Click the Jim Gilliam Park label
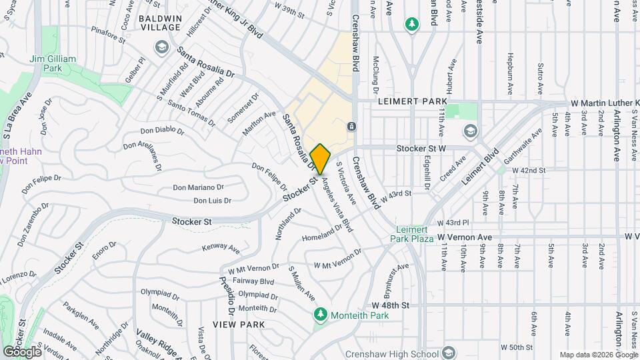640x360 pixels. (x=53, y=63)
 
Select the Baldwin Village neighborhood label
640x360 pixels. (x=160, y=23)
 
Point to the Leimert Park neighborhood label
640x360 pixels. (x=411, y=101)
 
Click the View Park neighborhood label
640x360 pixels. (x=239, y=324)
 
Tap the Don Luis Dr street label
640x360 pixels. (x=212, y=200)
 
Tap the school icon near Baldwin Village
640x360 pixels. (x=161, y=47)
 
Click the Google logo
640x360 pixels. (x=22, y=351)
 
